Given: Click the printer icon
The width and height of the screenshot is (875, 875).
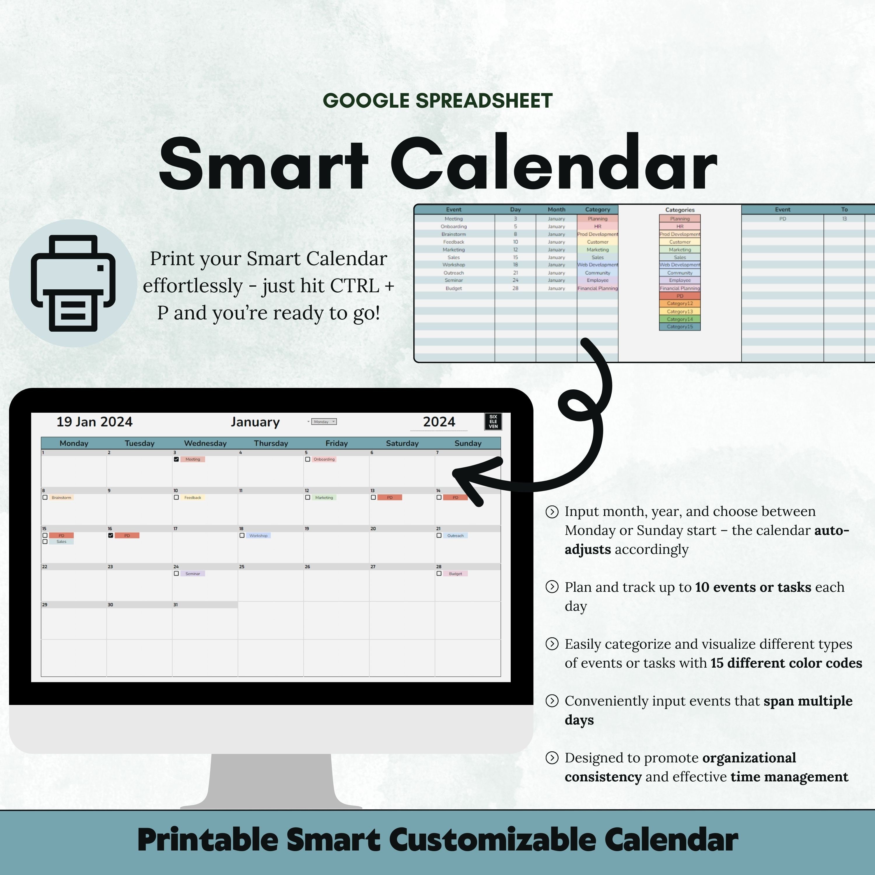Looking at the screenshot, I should click(x=73, y=283).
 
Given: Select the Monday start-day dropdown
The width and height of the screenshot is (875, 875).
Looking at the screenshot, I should click(x=324, y=422).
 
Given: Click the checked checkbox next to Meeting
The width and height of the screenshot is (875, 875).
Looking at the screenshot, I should click(x=176, y=459).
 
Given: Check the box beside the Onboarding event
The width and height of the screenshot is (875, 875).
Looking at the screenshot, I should click(x=307, y=459).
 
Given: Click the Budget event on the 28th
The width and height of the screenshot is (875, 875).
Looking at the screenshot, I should click(x=455, y=573).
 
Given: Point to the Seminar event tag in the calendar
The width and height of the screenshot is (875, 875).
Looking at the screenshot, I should click(x=192, y=573).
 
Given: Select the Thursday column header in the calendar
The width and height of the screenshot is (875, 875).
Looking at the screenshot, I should click(x=271, y=443).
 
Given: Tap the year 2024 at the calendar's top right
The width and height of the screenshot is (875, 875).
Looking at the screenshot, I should click(x=438, y=422).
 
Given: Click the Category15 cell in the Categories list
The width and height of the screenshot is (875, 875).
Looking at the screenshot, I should click(x=679, y=327).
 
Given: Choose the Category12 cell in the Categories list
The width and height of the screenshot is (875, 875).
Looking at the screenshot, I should click(x=679, y=303).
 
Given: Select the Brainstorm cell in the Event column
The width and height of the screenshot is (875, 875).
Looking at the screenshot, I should click(x=453, y=234).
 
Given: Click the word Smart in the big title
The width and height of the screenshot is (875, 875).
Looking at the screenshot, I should click(x=264, y=164).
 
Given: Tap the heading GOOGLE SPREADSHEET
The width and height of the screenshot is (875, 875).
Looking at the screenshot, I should click(x=437, y=101).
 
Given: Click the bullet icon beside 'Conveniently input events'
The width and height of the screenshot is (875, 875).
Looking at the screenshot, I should click(x=552, y=701).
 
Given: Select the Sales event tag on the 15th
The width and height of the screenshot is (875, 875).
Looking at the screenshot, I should click(x=61, y=542).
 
